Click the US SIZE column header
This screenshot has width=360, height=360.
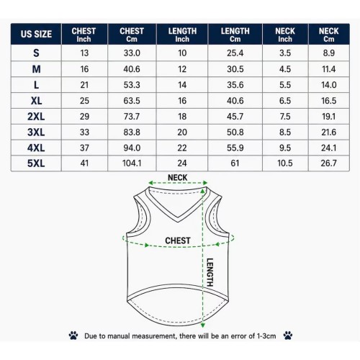(x=36, y=34)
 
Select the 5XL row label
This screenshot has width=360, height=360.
(x=36, y=163)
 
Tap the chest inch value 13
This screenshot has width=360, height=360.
(x=84, y=53)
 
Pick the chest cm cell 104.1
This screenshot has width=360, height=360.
(x=132, y=163)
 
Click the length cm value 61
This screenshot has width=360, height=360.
(x=235, y=163)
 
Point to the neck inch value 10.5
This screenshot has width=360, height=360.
(x=285, y=163)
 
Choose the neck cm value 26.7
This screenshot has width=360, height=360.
(x=328, y=163)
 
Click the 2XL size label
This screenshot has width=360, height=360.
(x=36, y=117)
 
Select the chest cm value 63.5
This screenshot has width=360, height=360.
(x=132, y=101)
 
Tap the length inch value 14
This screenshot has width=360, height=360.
(x=182, y=85)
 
